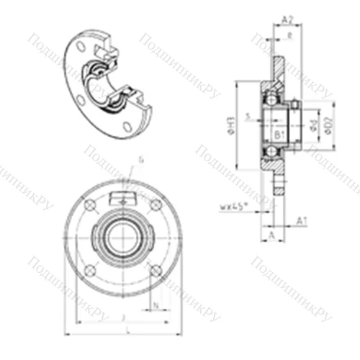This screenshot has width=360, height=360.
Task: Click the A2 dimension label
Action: [286, 20]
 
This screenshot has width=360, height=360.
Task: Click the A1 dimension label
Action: [303, 220]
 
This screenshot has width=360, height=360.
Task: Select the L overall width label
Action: [127, 329]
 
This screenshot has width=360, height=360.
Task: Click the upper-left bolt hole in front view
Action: [89, 207]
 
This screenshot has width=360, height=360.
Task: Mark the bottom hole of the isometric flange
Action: [127, 126]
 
